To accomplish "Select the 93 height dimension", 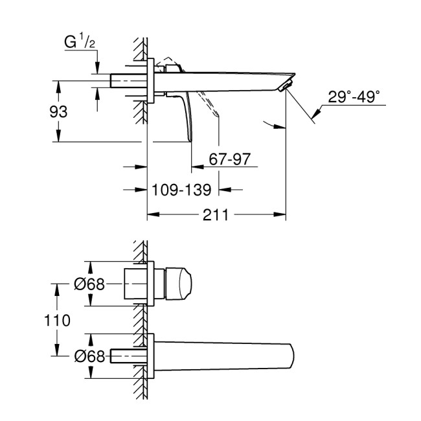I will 59,111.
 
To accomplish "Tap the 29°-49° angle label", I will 353,97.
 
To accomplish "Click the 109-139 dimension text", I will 182,190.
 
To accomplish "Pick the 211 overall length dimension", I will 217,214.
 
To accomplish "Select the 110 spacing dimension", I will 59,320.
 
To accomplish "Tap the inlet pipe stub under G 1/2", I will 129,82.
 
